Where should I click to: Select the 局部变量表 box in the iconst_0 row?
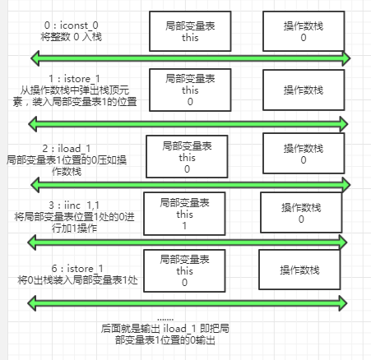tap(190, 27)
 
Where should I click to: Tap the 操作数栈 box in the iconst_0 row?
tap(304, 27)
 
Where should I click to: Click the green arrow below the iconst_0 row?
tap(190, 58)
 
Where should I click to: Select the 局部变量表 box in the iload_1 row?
tap(187, 155)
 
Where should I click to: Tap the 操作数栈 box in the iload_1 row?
tap(304, 155)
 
